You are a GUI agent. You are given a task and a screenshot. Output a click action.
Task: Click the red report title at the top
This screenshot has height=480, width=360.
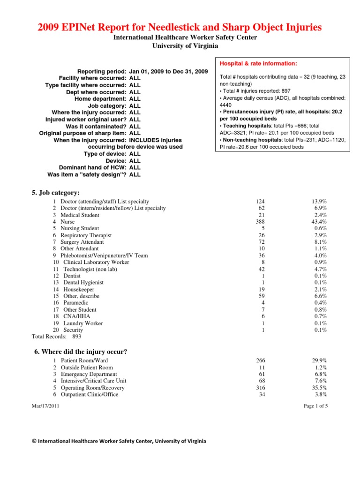coord(180,27)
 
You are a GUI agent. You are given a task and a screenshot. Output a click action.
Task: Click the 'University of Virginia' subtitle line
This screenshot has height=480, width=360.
coord(180,45)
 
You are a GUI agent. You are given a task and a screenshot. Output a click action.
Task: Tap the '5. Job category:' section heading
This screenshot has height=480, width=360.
coord(56,193)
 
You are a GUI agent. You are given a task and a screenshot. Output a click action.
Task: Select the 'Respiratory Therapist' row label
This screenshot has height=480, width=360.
coord(86,235)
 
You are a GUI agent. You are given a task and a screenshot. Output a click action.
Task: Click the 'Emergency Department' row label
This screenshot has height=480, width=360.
coord(89,374)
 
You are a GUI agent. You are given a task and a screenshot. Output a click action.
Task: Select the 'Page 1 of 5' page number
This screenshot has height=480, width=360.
coord(315,406)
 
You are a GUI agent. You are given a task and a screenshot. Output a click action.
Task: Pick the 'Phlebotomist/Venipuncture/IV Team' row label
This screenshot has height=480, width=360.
coord(104,255)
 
